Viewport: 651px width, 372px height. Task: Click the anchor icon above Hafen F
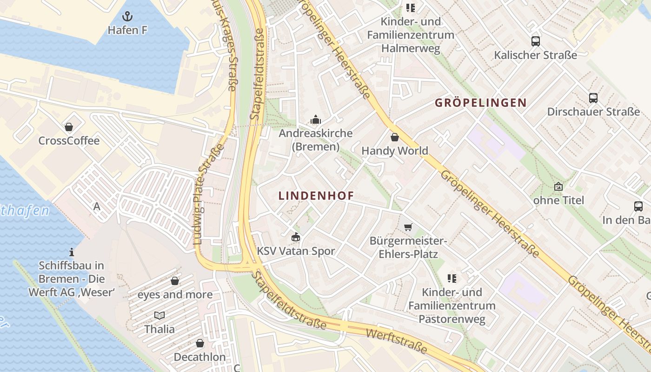pyautogui.click(x=127, y=17)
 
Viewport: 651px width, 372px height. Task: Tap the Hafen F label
pyautogui.click(x=127, y=30)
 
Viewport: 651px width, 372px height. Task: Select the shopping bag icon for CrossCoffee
pyautogui.click(x=69, y=127)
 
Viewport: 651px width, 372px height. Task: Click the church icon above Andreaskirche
pyautogui.click(x=316, y=120)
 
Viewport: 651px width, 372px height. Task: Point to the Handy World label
pyautogui.click(x=394, y=151)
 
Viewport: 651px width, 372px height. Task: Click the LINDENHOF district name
pyautogui.click(x=316, y=196)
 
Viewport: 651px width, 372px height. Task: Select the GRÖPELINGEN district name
pyautogui.click(x=480, y=103)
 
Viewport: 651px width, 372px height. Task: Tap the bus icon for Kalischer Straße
pyautogui.click(x=535, y=41)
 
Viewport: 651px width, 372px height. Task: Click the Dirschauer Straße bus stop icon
pyautogui.click(x=593, y=98)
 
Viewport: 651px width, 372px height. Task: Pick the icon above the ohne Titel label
pyautogui.click(x=558, y=186)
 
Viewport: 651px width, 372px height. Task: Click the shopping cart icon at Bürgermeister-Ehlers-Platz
pyautogui.click(x=408, y=227)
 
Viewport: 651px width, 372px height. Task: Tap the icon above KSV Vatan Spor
pyautogui.click(x=295, y=237)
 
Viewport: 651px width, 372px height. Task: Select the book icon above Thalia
pyautogui.click(x=159, y=315)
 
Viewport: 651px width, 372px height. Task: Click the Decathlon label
pyautogui.click(x=199, y=357)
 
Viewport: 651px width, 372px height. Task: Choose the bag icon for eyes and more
pyautogui.click(x=175, y=281)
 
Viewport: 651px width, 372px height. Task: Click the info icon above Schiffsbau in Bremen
pyautogui.click(x=72, y=252)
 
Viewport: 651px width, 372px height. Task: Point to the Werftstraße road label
pyautogui.click(x=396, y=341)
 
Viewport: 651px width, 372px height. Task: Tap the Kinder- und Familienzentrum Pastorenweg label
pyautogui.click(x=452, y=306)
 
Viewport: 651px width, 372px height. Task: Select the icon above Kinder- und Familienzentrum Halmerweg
pyautogui.click(x=410, y=8)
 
